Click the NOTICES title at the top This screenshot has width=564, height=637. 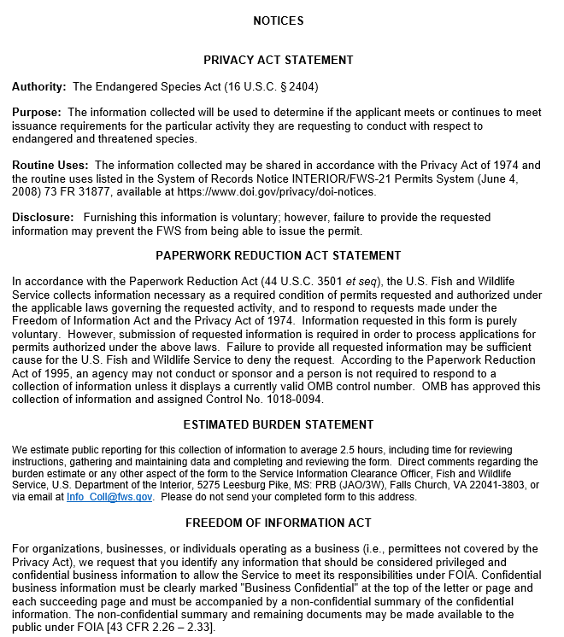[x=279, y=20]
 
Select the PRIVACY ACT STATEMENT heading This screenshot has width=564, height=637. [x=279, y=60]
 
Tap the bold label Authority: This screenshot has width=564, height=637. [x=39, y=87]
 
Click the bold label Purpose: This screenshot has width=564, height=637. [x=37, y=113]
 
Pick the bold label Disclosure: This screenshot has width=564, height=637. [x=42, y=218]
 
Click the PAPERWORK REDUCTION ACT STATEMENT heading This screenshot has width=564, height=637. [x=279, y=255]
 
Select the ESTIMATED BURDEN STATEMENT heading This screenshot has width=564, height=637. [x=279, y=424]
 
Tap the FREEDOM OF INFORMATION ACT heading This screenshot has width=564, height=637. [x=279, y=523]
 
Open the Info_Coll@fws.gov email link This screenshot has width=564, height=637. [x=110, y=497]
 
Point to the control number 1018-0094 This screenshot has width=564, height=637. [x=297, y=399]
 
